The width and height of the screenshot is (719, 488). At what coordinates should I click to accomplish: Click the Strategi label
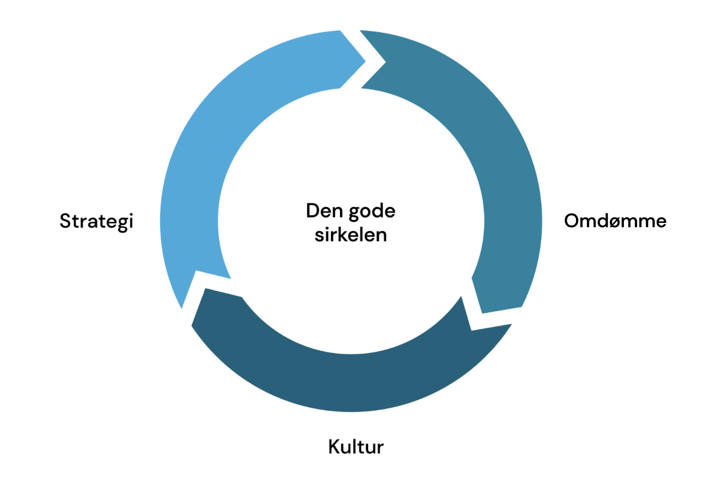pyautogui.click(x=96, y=222)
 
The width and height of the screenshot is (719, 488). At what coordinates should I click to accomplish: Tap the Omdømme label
pyautogui.click(x=615, y=221)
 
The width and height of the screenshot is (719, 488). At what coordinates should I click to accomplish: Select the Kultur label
pyautogui.click(x=356, y=447)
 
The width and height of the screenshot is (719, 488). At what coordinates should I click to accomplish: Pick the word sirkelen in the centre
pyautogui.click(x=351, y=235)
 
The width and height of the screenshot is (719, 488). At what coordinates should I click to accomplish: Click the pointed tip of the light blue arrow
pyautogui.click(x=364, y=62)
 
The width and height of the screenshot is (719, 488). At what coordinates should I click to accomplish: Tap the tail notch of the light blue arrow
pyautogui.click(x=196, y=272)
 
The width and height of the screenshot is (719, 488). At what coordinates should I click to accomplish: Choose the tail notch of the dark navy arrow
pyautogui.click(x=472, y=329)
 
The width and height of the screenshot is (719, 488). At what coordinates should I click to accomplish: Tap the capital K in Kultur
pyautogui.click(x=335, y=446)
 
